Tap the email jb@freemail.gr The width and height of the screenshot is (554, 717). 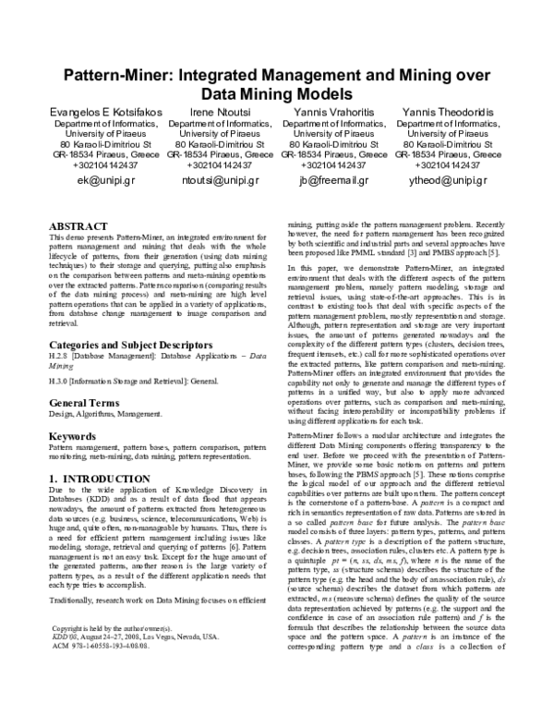point(333,181)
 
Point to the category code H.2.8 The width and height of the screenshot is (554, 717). point(58,358)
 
